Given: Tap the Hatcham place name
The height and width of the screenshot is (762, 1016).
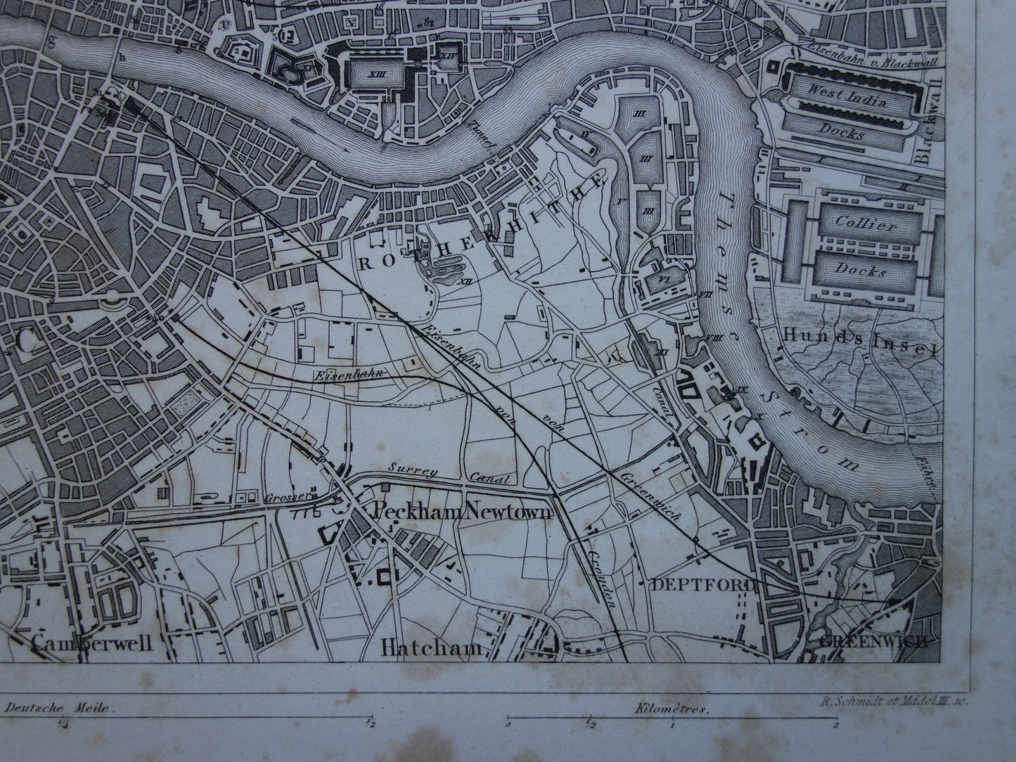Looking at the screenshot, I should [431, 648].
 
